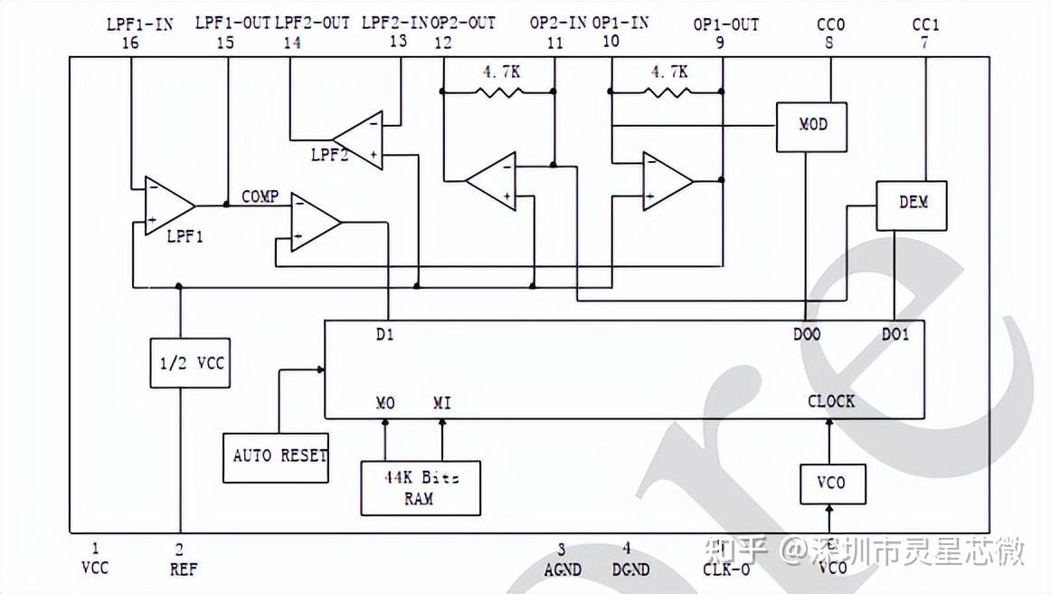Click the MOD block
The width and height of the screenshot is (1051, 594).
tap(813, 126)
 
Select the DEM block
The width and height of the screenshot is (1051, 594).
tap(911, 205)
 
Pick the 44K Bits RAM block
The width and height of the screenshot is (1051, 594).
tap(421, 488)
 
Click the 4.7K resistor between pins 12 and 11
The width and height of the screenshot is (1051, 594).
tap(497, 91)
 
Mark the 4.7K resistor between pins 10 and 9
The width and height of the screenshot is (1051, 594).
tap(668, 91)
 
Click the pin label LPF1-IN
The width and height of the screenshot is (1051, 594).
tap(139, 24)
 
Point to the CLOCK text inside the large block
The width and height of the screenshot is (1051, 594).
tap(830, 401)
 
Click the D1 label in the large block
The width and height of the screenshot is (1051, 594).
tap(384, 335)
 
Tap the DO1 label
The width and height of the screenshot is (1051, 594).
tap(895, 335)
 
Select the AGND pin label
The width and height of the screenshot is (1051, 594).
tap(562, 570)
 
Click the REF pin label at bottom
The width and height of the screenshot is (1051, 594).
tap(183, 570)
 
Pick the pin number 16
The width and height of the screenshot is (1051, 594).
tap(130, 42)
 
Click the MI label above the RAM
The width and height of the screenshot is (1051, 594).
tap(442, 403)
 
